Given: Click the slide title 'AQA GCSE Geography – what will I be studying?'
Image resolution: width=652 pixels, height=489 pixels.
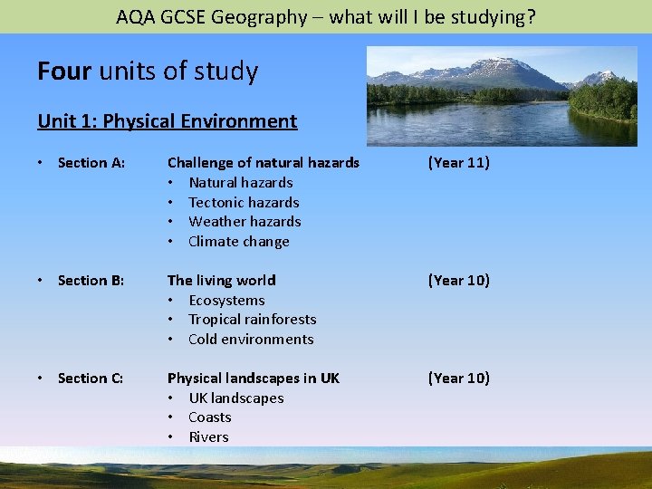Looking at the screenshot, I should (x=326, y=16).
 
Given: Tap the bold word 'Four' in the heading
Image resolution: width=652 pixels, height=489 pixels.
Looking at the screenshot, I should (x=63, y=72).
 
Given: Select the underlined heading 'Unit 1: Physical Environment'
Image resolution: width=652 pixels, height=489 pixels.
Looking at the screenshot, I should (x=167, y=121).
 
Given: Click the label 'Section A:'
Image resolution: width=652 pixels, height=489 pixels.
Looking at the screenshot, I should (x=91, y=163).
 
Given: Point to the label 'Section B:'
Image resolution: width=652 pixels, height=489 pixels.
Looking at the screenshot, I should (x=91, y=281).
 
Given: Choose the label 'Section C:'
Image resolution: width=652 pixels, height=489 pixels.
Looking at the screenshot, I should (x=91, y=379).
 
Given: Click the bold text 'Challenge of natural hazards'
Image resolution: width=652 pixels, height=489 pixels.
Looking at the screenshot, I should (x=264, y=163).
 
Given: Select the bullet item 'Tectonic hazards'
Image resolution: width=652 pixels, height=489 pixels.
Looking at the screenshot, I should (x=244, y=203).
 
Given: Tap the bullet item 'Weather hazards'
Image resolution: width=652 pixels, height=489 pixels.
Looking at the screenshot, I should (x=244, y=222).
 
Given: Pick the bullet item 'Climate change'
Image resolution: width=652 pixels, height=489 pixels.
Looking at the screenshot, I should (x=239, y=242).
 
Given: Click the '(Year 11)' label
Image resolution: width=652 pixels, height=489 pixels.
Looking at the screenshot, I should (x=458, y=163).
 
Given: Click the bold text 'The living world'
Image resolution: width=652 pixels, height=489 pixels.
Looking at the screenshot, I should (x=222, y=281).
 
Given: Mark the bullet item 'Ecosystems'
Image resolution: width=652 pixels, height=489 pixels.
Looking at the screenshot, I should (x=226, y=301).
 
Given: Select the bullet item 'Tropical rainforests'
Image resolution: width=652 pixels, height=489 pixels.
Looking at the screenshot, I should (x=252, y=320).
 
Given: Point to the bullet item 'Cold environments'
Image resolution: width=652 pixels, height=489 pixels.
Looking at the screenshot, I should (x=251, y=340).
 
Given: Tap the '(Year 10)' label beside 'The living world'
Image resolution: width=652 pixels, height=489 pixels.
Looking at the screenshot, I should (x=458, y=281).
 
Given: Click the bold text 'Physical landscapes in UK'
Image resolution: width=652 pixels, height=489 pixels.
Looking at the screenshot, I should (x=254, y=379).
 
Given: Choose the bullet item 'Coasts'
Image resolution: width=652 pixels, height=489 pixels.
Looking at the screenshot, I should (x=210, y=417).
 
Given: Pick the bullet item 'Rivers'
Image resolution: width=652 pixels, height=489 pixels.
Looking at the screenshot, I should (x=208, y=437).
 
